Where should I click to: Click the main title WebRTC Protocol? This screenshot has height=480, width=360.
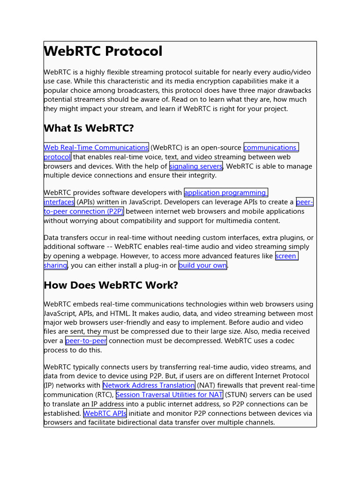click(x=103, y=51)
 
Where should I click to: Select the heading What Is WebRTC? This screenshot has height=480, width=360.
click(x=89, y=128)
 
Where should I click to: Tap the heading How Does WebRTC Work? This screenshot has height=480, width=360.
click(x=111, y=285)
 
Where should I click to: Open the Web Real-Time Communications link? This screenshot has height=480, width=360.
click(x=96, y=148)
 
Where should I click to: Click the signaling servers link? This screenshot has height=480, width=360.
click(x=195, y=166)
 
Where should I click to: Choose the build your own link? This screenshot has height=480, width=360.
click(x=202, y=265)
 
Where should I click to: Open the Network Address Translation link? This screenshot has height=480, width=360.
click(x=149, y=385)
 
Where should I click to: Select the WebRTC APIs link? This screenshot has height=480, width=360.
click(x=105, y=413)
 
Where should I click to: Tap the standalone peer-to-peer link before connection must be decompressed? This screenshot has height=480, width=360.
click(x=86, y=341)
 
